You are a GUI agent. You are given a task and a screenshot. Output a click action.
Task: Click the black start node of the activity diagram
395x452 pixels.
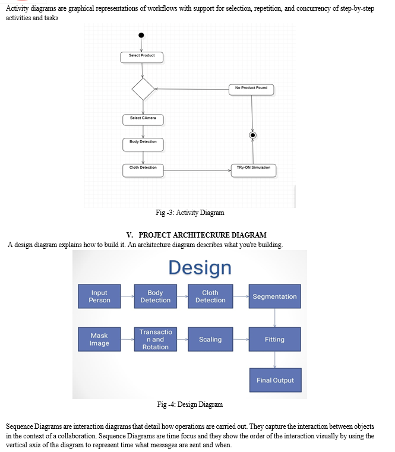pyautogui.click(x=141, y=35)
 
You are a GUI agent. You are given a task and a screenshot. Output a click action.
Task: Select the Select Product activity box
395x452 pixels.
pyautogui.click(x=141, y=58)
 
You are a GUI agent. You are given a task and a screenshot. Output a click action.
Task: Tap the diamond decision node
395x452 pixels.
pyautogui.click(x=143, y=89)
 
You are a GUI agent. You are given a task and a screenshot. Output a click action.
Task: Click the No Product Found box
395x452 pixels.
pyautogui.click(x=251, y=90)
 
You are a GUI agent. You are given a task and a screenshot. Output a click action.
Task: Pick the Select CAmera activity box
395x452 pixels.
pyautogui.click(x=143, y=120)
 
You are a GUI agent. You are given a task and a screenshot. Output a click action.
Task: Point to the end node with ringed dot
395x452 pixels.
pyautogui.click(x=252, y=135)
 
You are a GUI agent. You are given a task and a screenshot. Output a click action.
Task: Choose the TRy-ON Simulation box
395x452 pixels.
pyautogui.click(x=254, y=170)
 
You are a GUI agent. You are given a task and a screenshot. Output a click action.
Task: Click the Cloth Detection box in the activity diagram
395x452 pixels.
pyautogui.click(x=143, y=170)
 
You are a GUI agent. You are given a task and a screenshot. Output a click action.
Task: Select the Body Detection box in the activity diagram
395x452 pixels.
pyautogui.click(x=143, y=145)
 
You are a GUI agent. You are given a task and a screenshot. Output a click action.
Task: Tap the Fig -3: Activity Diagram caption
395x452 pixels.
pyautogui.click(x=190, y=213)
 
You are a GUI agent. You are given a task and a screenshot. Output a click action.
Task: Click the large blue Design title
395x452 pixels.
pyautogui.click(x=200, y=267)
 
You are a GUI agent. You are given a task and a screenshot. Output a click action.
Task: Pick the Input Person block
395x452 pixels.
pyautogui.click(x=99, y=296)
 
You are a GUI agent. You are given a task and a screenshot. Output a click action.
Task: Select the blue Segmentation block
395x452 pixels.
pyautogui.click(x=275, y=296)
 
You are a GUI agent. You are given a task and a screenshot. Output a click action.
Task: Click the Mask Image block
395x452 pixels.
pyautogui.click(x=99, y=339)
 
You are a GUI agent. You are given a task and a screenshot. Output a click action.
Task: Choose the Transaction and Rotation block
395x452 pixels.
pyautogui.click(x=156, y=339)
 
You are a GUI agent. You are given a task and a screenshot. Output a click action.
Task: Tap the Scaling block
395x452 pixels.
pyautogui.click(x=210, y=339)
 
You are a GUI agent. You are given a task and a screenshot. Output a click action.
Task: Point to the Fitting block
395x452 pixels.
pyautogui.click(x=275, y=339)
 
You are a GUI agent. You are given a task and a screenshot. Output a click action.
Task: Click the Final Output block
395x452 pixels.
pyautogui.click(x=276, y=380)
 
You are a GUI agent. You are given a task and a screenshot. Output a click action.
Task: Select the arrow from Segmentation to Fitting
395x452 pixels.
pyautogui.click(x=275, y=318)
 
